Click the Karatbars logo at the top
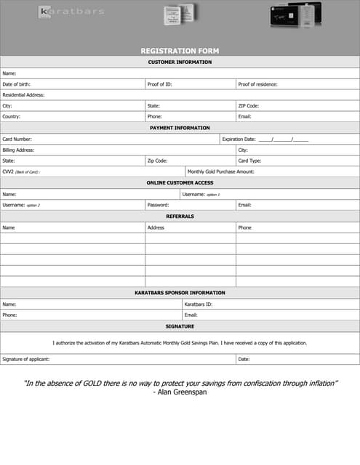71,12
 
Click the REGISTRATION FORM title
180,51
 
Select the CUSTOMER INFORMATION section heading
180,62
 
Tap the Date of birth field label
16,84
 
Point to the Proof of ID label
159,84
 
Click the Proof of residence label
257,84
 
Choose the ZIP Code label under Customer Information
249,106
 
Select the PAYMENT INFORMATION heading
180,128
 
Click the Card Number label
17,139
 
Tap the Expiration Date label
239,139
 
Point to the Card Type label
249,161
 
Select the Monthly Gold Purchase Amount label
220,171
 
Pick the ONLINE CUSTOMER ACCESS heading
180,182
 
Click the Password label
158,205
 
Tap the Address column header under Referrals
156,227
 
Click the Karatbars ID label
198,304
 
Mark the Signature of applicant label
26,359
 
